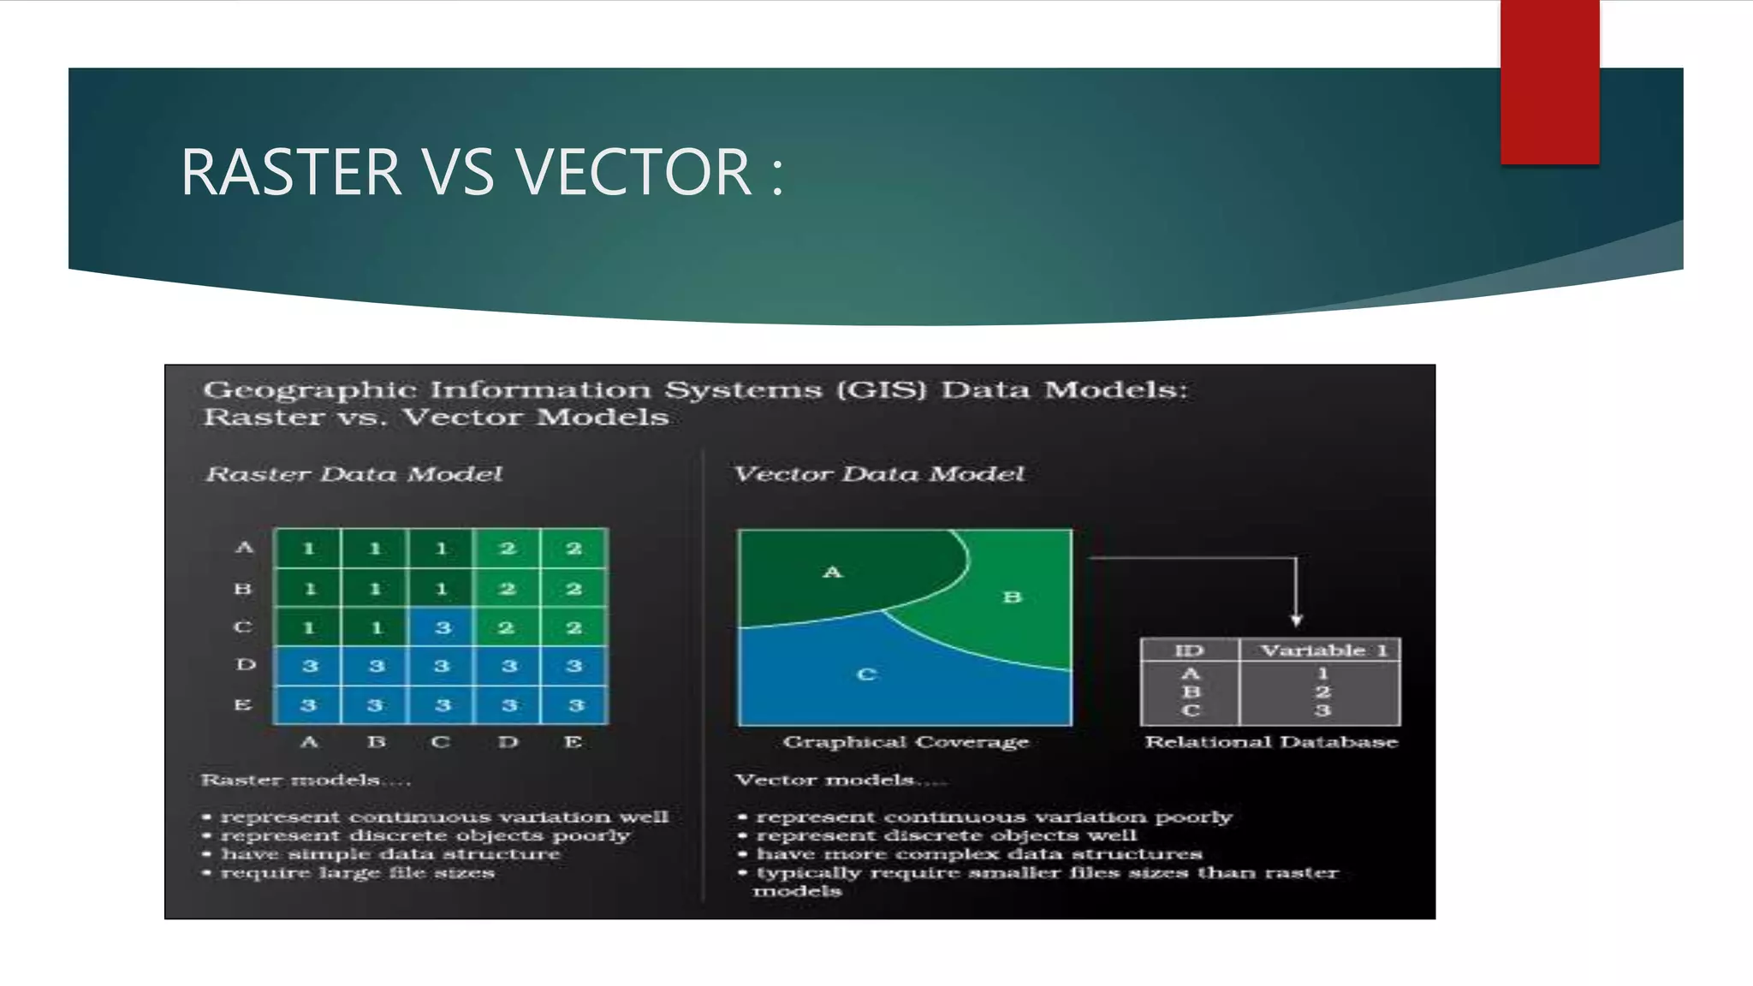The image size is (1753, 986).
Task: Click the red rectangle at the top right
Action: point(1549,81)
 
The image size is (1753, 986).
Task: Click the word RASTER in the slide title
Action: point(291,172)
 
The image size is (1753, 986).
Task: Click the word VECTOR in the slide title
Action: point(634,172)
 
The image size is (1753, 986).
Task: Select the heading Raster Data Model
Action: point(354,474)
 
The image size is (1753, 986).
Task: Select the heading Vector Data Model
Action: point(879,474)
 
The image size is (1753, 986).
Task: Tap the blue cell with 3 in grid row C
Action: point(442,627)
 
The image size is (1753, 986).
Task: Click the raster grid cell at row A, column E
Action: point(574,549)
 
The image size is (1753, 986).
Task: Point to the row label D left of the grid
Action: point(245,665)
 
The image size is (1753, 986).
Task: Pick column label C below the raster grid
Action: point(441,742)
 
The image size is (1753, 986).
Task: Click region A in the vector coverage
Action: point(833,572)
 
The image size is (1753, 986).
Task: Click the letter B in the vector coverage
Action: point(1013,597)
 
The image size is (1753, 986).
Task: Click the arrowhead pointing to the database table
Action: point(1297,620)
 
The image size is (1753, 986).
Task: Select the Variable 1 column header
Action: point(1322,650)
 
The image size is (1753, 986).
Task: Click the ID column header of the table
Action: point(1190,650)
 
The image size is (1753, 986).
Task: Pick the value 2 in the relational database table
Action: point(1322,692)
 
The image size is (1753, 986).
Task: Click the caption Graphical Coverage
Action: point(906,742)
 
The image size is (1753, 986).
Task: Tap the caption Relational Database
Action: point(1271,742)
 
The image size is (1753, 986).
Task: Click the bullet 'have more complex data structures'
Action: point(978,854)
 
